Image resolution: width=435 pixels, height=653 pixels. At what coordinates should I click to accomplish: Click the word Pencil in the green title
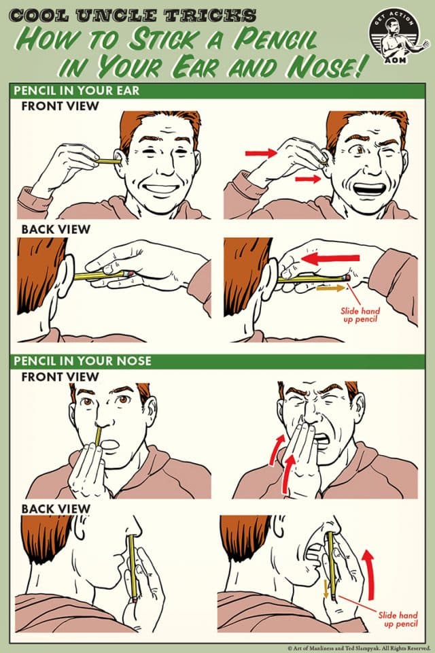269,39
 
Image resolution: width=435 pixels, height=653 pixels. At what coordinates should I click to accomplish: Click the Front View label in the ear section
60,106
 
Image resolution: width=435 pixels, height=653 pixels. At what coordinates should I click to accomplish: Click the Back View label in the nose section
56,508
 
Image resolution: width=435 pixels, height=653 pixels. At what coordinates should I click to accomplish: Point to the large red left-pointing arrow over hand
330,258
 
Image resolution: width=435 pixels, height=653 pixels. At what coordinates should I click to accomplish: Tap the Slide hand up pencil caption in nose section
398,618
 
